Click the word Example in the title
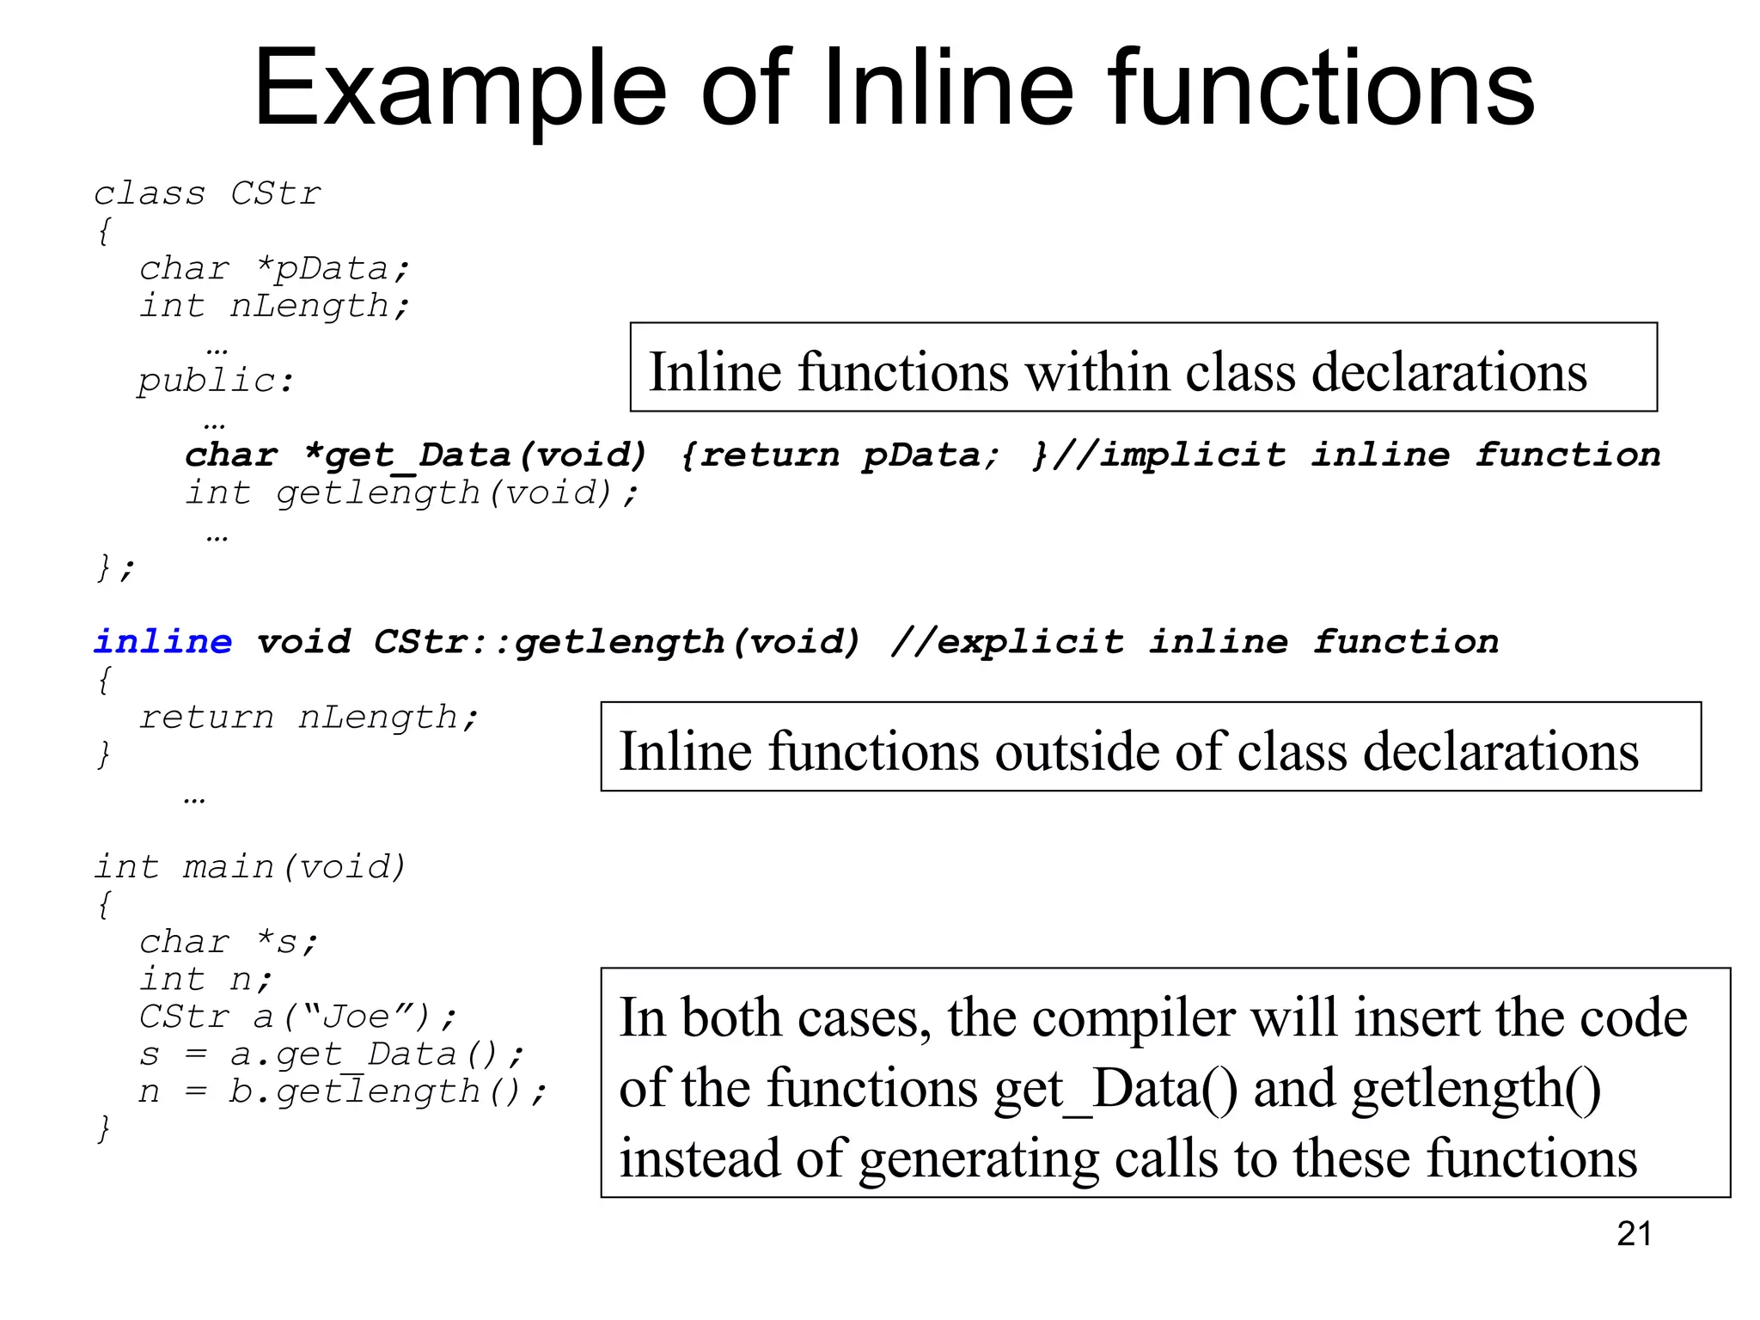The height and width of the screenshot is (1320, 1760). [460, 90]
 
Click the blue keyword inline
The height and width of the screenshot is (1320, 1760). [163, 642]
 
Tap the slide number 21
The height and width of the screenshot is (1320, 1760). [1634, 1234]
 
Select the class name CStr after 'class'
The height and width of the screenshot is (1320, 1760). [276, 194]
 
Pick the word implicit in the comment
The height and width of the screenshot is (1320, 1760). [1193, 455]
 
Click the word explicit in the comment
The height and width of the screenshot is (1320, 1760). [1030, 642]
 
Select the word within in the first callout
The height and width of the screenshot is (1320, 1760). [1093, 372]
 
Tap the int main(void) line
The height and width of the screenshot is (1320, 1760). [250, 867]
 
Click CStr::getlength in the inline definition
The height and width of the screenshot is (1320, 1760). [549, 642]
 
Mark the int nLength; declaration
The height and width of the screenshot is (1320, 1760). [275, 306]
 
